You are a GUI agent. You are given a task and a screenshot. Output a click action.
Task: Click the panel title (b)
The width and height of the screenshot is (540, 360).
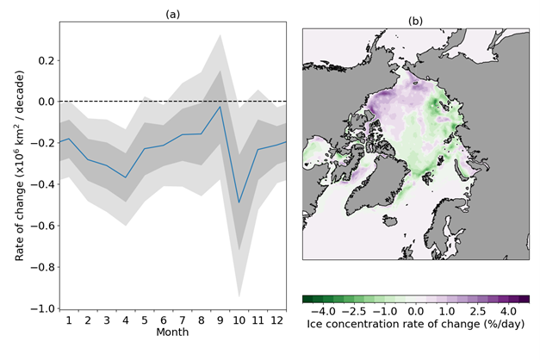[416, 19]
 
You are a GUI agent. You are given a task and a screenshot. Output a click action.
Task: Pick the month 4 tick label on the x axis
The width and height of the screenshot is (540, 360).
[126, 320]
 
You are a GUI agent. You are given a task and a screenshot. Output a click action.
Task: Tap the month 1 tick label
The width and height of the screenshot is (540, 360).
[70, 320]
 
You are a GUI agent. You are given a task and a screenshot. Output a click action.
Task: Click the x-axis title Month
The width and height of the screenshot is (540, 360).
[171, 332]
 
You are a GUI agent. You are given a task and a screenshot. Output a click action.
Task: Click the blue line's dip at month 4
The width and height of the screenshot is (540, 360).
[126, 177]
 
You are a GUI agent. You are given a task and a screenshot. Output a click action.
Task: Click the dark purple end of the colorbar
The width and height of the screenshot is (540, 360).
[524, 299]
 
